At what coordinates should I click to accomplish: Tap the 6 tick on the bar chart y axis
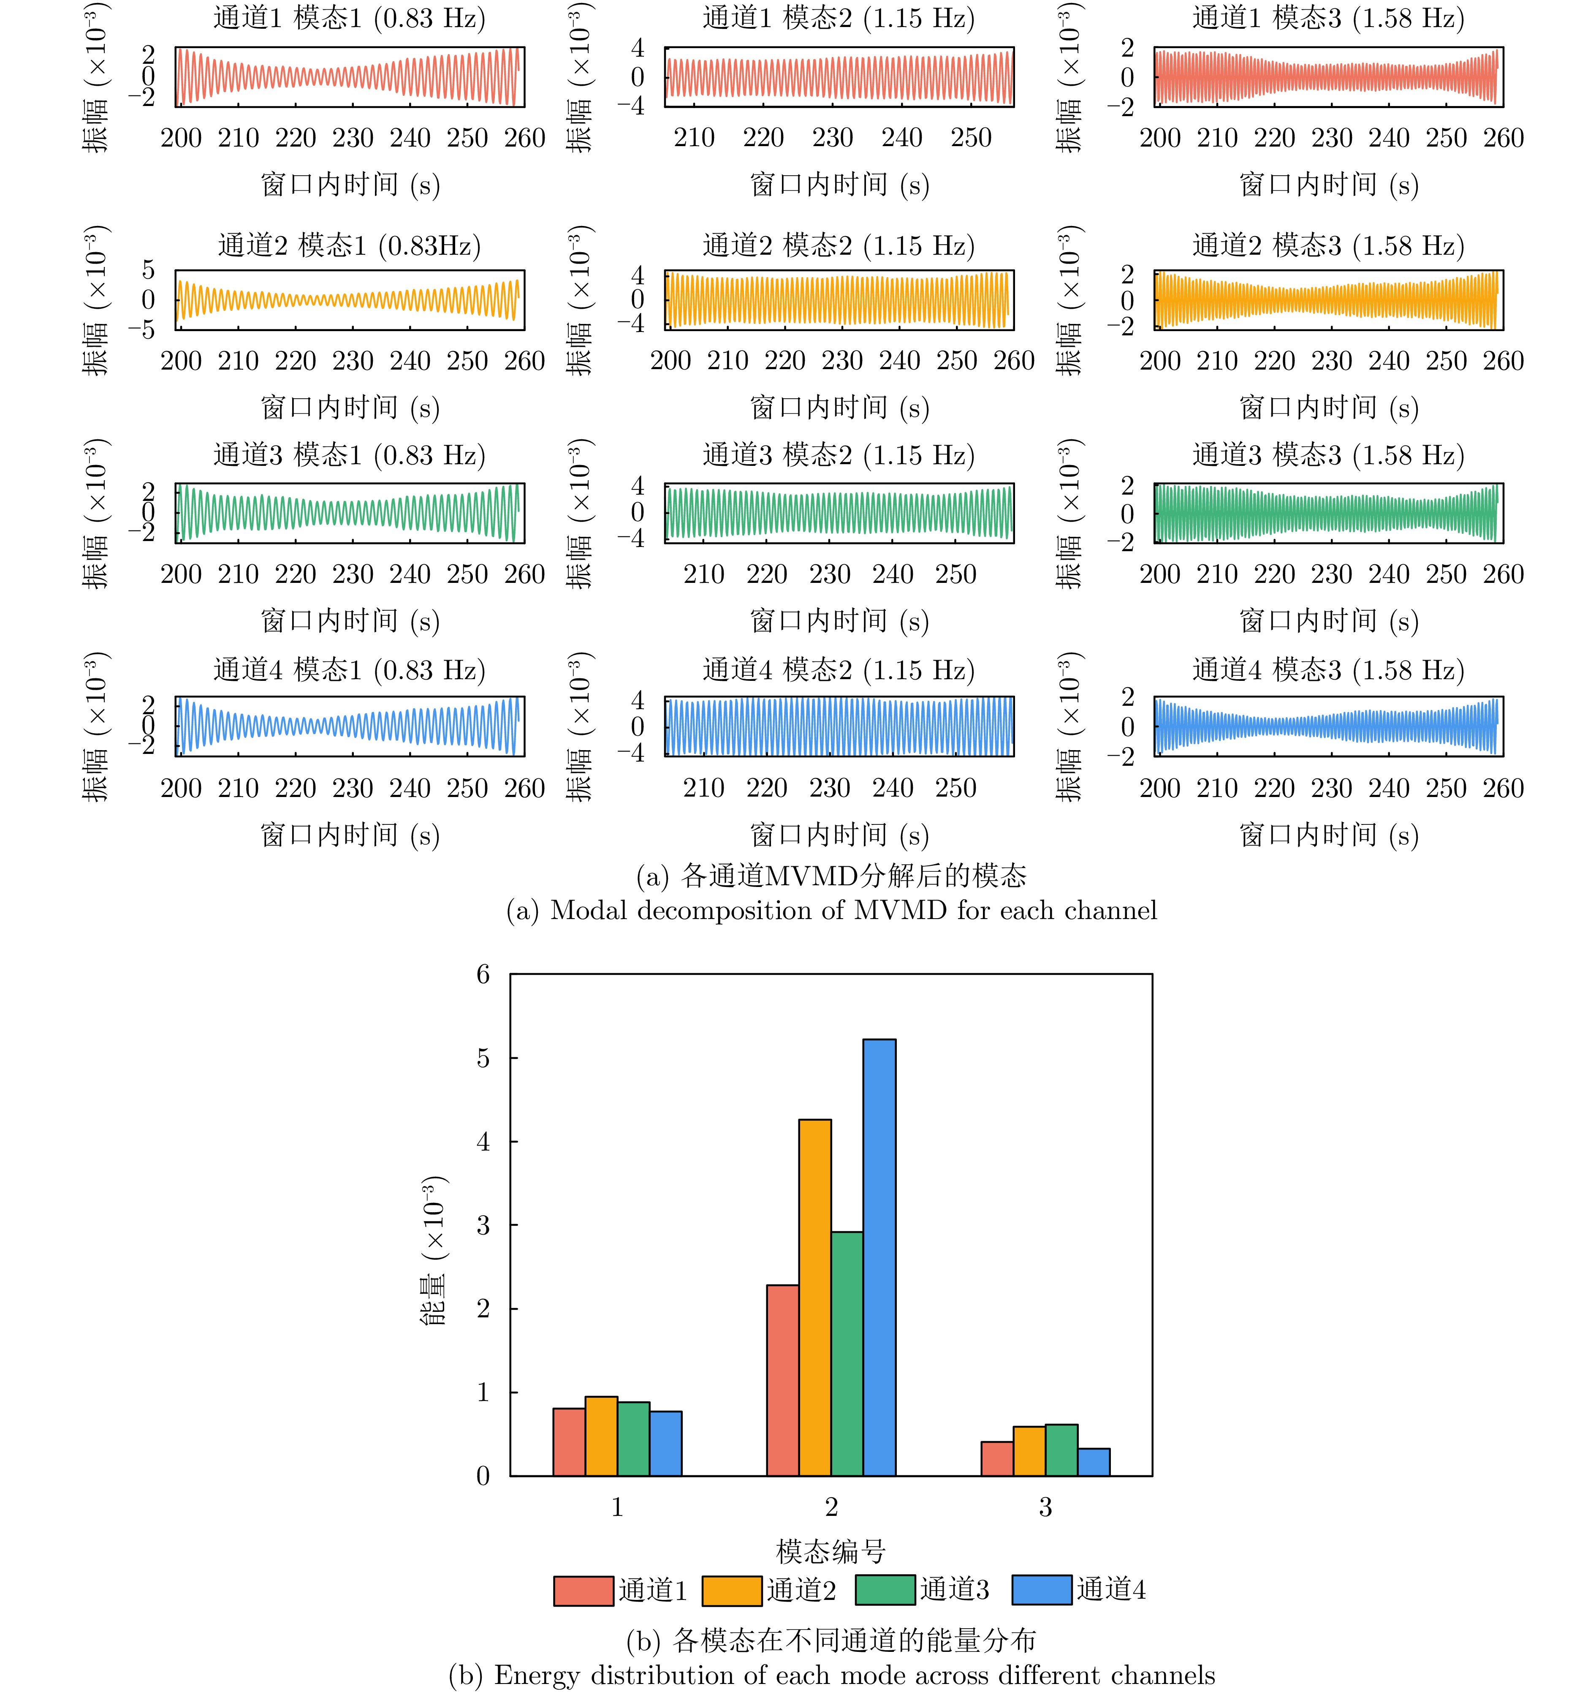(483, 974)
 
